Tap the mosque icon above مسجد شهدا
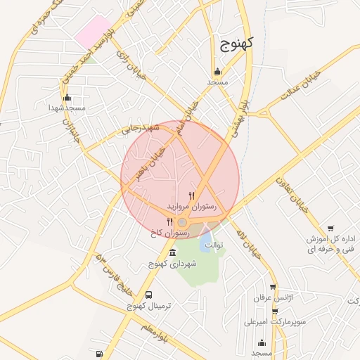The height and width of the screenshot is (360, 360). point(67,98)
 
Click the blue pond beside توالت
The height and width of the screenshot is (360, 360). point(206,243)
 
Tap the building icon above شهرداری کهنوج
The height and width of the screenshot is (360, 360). point(173,252)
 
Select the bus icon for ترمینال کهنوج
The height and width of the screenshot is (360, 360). point(148,295)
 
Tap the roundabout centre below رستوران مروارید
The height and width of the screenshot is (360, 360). point(182,222)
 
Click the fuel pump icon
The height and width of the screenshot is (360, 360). point(99,354)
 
